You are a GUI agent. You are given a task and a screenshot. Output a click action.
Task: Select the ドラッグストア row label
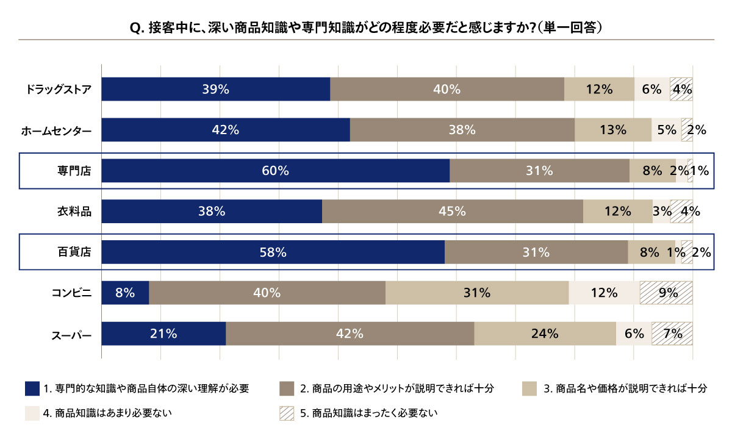(59, 89)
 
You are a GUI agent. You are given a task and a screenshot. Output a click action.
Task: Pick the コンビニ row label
(71, 293)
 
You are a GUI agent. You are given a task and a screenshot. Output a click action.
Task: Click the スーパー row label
(71, 334)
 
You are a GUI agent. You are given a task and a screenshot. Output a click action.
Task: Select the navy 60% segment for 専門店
(275, 171)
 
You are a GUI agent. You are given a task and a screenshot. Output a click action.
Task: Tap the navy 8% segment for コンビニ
(125, 293)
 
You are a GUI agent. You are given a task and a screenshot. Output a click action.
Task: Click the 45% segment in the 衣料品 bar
(452, 212)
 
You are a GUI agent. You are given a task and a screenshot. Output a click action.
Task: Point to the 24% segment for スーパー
(545, 334)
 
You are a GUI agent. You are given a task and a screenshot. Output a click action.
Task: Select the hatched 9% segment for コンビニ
(666, 293)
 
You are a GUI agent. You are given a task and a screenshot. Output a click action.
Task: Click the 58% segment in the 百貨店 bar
(273, 252)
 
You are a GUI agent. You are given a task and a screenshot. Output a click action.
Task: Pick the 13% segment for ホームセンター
(612, 130)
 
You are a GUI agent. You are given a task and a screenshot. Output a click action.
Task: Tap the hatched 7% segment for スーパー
(672, 334)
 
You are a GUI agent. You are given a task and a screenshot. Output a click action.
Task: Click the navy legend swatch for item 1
(32, 388)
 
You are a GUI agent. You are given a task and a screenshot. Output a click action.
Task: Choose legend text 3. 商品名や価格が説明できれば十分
(625, 388)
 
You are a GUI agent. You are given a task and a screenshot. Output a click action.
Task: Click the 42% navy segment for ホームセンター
(225, 130)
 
